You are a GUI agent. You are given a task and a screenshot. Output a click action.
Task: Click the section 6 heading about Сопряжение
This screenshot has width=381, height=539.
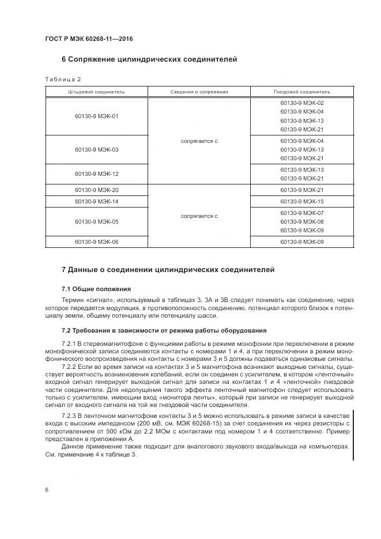click(x=149, y=59)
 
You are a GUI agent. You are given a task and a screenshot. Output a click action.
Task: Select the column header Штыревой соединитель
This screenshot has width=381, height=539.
click(x=96, y=91)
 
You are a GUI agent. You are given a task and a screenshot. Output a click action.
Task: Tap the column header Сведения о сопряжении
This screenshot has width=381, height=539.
click(x=199, y=91)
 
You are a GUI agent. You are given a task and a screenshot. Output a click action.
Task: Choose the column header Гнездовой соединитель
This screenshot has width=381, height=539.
click(x=301, y=91)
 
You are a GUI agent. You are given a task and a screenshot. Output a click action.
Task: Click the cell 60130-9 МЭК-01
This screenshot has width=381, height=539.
click(x=96, y=116)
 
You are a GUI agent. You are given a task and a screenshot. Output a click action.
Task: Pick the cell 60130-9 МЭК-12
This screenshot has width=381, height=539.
click(x=96, y=174)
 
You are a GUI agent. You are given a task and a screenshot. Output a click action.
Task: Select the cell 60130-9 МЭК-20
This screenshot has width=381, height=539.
click(x=96, y=190)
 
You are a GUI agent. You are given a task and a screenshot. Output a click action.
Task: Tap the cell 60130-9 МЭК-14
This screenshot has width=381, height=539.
click(x=96, y=201)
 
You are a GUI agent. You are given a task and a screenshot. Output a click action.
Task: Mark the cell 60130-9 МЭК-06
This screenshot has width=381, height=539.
click(x=96, y=242)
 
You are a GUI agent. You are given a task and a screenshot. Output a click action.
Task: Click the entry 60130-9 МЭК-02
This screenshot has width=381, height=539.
click(x=301, y=103)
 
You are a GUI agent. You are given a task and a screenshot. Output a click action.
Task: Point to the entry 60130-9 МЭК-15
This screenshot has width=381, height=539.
click(x=301, y=201)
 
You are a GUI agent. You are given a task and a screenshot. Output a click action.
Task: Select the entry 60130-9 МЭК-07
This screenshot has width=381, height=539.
click(x=301, y=213)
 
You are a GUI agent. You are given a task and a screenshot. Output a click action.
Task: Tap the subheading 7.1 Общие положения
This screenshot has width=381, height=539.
click(x=96, y=288)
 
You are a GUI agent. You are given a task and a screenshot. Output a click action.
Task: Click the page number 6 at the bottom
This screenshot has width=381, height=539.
click(x=47, y=489)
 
